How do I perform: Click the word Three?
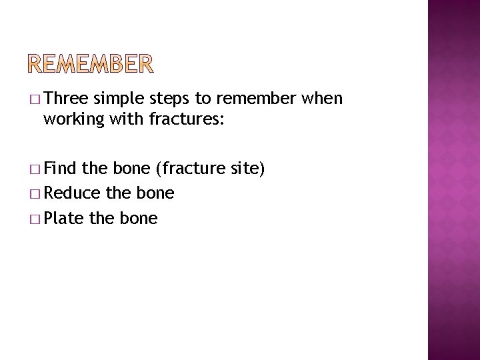pos(67,99)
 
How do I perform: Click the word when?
pos(323,99)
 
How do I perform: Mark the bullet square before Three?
pos(34,100)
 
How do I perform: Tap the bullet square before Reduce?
pos(34,194)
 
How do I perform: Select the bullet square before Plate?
pos(34,218)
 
